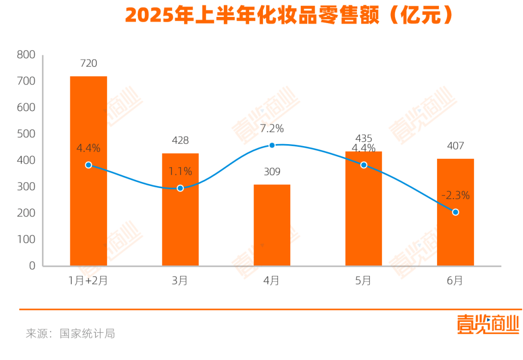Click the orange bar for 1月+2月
click(88, 171)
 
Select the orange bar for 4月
click(272, 225)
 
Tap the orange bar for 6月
click(456, 212)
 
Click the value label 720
click(88, 63)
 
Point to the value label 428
click(180, 140)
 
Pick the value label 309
click(272, 171)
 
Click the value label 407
click(456, 146)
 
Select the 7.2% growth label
click(272, 129)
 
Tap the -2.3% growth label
click(456, 196)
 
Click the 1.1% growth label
click(180, 171)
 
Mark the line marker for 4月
click(272, 145)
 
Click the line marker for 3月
click(180, 188)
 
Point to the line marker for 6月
click(456, 212)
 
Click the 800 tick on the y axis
click(26, 55)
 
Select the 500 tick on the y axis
click(26, 134)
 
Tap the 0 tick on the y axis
click(32, 266)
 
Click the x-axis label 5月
click(363, 281)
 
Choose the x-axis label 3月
click(180, 281)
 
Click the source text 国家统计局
click(87, 334)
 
